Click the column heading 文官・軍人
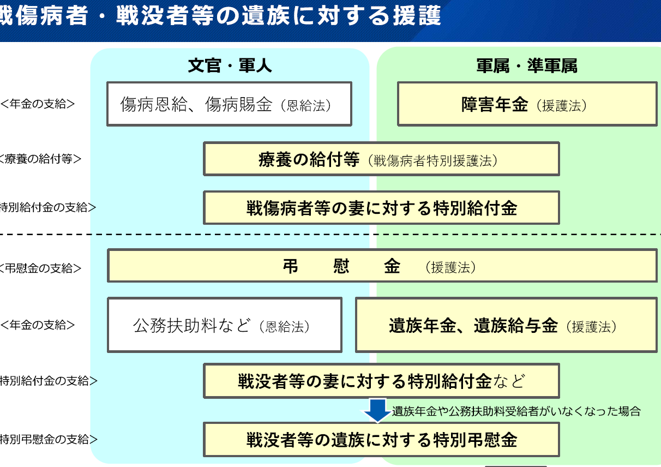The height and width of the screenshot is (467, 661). pyautogui.click(x=230, y=65)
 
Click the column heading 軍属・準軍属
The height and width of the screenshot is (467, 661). pyautogui.click(x=527, y=65)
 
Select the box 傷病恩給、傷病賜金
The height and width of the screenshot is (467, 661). pyautogui.click(x=229, y=104)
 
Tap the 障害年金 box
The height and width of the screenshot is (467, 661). pyautogui.click(x=527, y=104)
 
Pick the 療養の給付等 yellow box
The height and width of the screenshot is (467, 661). pyautogui.click(x=381, y=159)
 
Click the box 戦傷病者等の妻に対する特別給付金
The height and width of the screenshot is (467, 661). pyautogui.click(x=381, y=207)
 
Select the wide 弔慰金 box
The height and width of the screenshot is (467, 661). pyautogui.click(x=382, y=266)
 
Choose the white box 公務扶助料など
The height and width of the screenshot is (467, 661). pyautogui.click(x=225, y=325)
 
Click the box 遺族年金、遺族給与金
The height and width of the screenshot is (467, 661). pyautogui.click(x=506, y=325)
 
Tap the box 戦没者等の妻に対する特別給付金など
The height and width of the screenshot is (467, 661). pyautogui.click(x=381, y=381)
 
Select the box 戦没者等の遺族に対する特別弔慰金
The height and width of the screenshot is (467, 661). pyautogui.click(x=381, y=440)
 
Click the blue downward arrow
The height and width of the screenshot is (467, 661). pyautogui.click(x=377, y=411)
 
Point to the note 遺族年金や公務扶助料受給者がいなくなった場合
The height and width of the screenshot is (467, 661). pyautogui.click(x=516, y=411)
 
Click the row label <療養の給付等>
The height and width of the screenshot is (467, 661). pyautogui.click(x=40, y=159)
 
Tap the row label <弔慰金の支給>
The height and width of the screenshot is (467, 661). pyautogui.click(x=40, y=268)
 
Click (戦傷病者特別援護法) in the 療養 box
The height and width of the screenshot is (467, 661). pyautogui.click(x=432, y=161)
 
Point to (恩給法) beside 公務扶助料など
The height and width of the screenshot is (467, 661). pyautogui.click(x=284, y=327)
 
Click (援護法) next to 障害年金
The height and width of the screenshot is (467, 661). pyautogui.click(x=561, y=106)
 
